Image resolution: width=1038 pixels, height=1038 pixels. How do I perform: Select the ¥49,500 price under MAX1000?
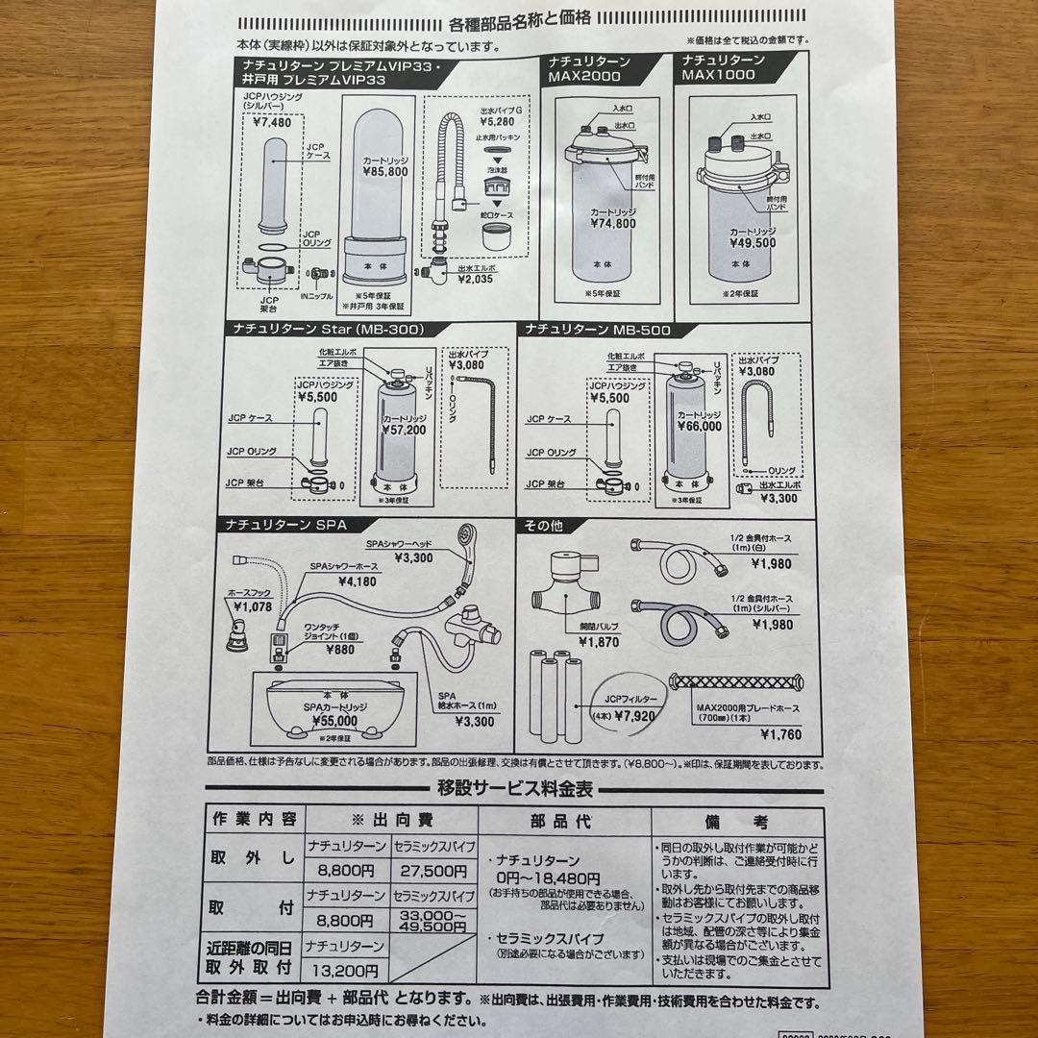click(752, 243)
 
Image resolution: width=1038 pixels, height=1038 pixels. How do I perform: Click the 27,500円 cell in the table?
click(433, 871)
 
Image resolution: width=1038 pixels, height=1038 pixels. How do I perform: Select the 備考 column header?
click(734, 822)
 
